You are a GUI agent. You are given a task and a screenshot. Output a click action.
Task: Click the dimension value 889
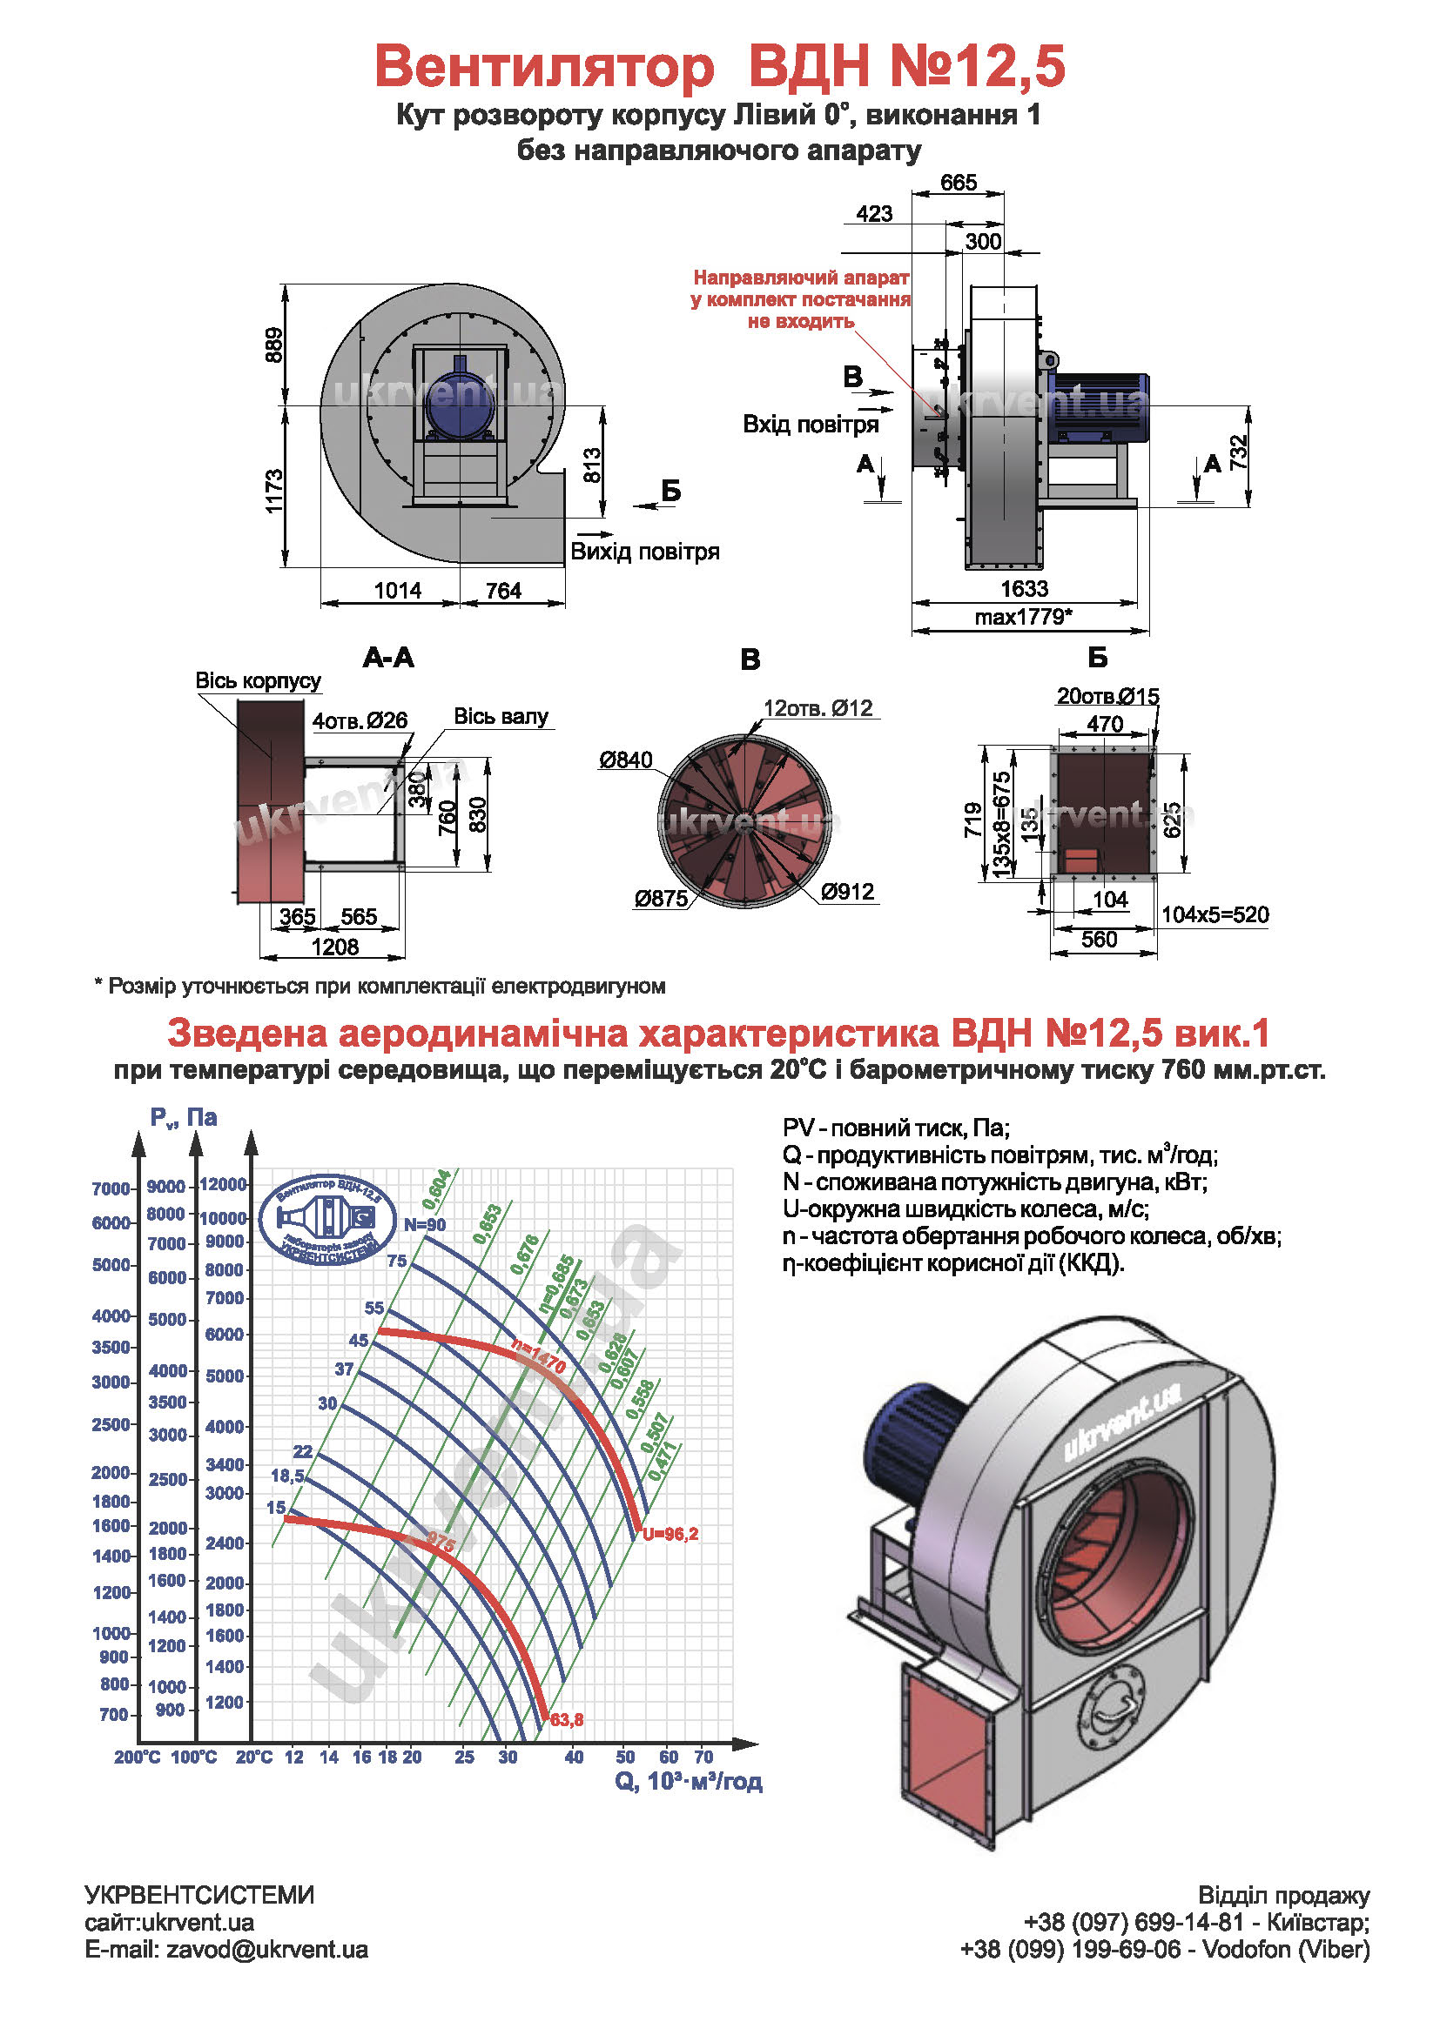point(274,345)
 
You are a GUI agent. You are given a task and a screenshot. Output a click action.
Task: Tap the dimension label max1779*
point(1023,616)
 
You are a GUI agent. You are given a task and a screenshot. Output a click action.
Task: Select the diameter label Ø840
point(625,760)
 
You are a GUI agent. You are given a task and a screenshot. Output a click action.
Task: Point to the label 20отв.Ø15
point(1107,696)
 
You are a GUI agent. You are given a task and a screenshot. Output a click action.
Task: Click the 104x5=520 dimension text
point(1215,914)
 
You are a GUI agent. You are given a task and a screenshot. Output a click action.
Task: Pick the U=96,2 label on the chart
point(670,1533)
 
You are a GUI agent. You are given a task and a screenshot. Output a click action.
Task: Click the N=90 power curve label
point(425,1225)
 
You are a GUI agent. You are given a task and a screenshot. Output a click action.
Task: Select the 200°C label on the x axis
point(138,1757)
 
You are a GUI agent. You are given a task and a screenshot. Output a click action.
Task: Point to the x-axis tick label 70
point(703,1756)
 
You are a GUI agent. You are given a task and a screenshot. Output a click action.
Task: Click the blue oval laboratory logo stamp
point(327,1220)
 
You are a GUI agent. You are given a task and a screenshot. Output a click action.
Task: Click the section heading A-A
point(388,658)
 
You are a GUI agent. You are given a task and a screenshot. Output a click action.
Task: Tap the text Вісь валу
point(501,716)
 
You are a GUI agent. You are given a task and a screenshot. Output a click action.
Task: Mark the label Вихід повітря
point(644,552)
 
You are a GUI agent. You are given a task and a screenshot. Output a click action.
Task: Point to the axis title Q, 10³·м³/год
point(688,1781)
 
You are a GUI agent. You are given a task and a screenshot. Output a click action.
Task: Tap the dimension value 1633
point(1024,588)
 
